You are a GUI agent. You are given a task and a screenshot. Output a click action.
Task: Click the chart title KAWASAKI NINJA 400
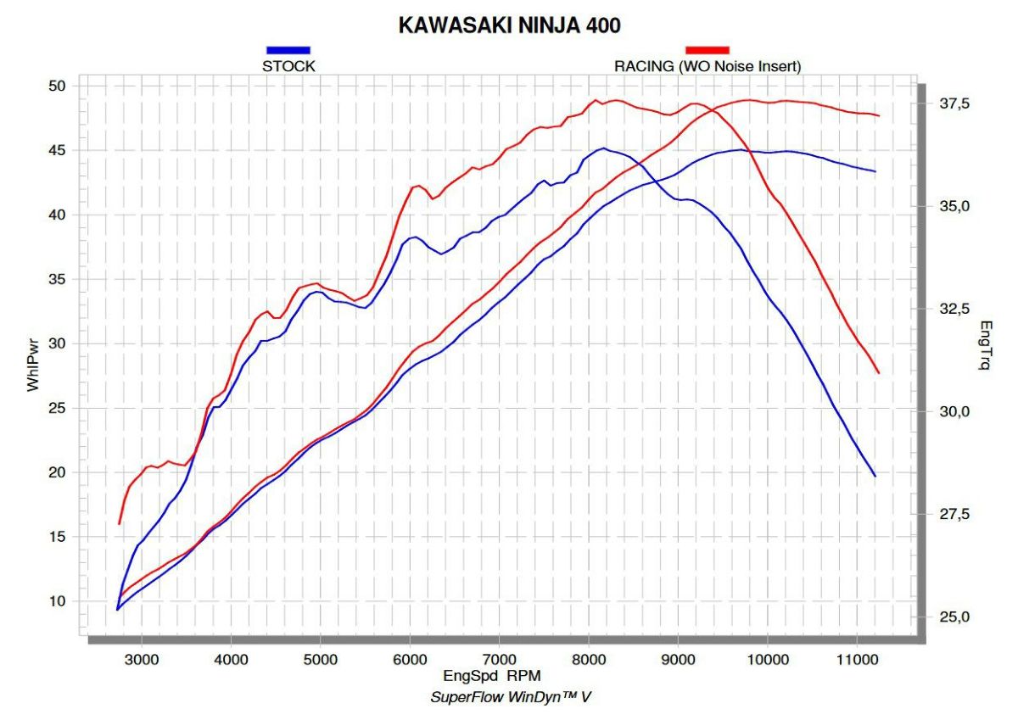pos(509,25)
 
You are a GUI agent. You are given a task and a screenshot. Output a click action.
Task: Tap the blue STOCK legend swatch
pos(288,50)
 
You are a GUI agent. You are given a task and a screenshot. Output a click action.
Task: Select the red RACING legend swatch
pos(707,50)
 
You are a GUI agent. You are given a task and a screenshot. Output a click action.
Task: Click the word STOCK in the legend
pos(288,66)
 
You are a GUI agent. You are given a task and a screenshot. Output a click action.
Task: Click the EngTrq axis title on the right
pos(985,345)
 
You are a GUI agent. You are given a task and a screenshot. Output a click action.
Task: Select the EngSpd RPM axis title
pos(492,676)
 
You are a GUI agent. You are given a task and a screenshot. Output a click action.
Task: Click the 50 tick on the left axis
pos(57,87)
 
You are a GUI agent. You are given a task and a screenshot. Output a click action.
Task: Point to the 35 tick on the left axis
pos(57,279)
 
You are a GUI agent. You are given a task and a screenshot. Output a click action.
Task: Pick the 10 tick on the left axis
pos(57,600)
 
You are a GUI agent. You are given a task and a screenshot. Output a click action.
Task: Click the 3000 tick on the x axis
pos(142,658)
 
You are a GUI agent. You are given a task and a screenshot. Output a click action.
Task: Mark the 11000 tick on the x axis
pos(857,658)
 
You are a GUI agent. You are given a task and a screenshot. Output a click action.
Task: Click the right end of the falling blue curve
pos(875,476)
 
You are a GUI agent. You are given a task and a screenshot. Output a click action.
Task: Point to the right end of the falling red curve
pos(878,372)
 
